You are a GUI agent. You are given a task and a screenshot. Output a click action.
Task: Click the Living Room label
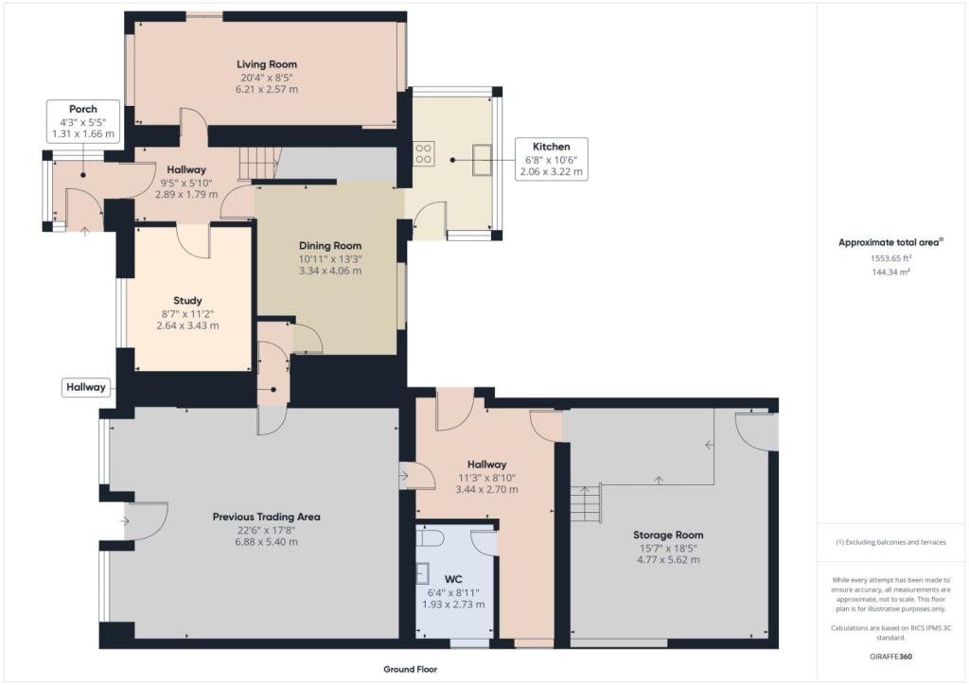(x=267, y=64)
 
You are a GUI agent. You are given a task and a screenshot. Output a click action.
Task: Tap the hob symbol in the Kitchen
(x=423, y=153)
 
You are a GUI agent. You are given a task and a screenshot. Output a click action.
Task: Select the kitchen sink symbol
(x=482, y=159)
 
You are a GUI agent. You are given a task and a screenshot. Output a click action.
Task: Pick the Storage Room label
(x=668, y=535)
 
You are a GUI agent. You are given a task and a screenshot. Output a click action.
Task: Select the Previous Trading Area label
(x=266, y=517)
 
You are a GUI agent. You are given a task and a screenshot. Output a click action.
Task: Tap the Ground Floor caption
(x=410, y=669)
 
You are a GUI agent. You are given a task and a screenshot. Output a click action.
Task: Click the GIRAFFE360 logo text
(x=892, y=656)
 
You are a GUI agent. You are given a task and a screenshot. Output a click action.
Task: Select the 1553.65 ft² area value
(x=890, y=258)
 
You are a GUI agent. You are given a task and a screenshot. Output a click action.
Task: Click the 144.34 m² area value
(x=890, y=272)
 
